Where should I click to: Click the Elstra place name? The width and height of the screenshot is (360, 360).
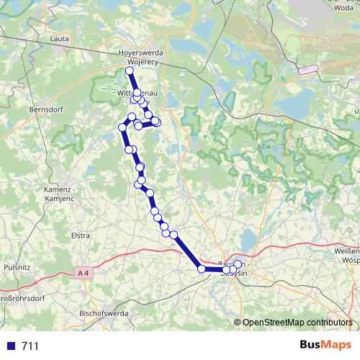click(x=80, y=235)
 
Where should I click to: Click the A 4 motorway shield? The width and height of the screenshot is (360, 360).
click(x=84, y=273)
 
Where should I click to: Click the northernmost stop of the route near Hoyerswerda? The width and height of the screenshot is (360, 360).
click(x=130, y=71)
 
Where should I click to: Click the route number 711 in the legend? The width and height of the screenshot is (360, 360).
click(x=30, y=346)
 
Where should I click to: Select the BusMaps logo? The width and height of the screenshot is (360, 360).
click(x=326, y=346)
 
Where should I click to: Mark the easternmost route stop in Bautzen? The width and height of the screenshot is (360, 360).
click(x=238, y=264)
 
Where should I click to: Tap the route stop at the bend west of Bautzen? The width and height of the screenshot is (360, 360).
click(x=202, y=269)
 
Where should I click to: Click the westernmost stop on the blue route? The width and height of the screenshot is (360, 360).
click(x=122, y=127)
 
